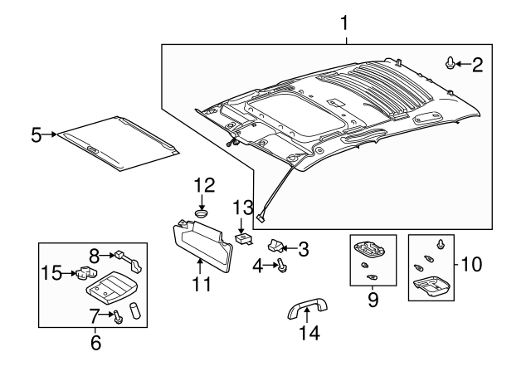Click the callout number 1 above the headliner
[345, 21]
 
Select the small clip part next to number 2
[451, 63]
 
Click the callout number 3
[303, 247]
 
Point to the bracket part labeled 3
[274, 246]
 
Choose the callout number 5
[37, 134]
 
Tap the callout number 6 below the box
[94, 341]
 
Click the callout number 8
[94, 256]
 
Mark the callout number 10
[471, 265]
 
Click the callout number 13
[241, 208]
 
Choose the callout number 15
[51, 272]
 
